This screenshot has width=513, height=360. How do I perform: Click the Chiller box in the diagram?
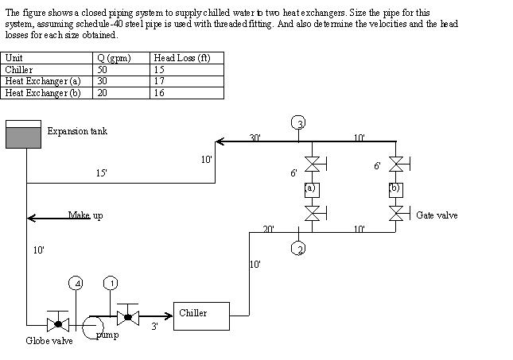(200, 314)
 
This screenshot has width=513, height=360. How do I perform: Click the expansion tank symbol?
(23, 135)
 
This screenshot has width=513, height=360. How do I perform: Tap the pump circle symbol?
(92, 325)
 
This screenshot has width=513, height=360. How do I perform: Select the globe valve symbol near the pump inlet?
(56, 324)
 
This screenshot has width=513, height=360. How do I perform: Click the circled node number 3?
(298, 122)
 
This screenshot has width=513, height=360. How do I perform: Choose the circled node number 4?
(76, 283)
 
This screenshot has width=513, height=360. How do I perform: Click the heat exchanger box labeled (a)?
(313, 189)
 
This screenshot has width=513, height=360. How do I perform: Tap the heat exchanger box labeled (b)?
(394, 189)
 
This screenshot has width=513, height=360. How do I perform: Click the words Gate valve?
(437, 215)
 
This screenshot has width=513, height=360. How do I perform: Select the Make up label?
(85, 215)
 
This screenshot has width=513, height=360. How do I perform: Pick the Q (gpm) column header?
(114, 58)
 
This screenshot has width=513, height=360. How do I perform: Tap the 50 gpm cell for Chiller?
(103, 69)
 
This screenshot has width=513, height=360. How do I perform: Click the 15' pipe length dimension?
(102, 173)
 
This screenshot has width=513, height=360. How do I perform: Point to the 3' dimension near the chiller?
(154, 327)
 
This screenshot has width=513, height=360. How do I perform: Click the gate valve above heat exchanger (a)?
(313, 165)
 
